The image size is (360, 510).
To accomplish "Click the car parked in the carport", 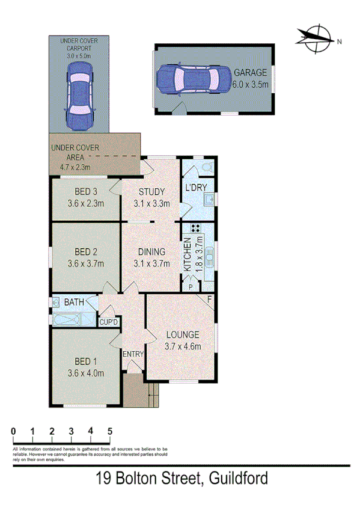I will (x=79, y=95).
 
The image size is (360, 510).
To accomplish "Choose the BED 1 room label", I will (x=87, y=362).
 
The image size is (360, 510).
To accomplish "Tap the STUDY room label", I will (x=151, y=192).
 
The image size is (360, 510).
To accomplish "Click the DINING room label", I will (x=150, y=253).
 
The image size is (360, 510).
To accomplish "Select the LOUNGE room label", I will (x=182, y=335).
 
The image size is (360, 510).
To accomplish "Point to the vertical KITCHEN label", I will (x=187, y=253).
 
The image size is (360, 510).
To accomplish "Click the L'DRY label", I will (x=196, y=188).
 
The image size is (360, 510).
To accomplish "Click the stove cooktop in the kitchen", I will (x=195, y=229).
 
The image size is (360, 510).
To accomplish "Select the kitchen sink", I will (x=210, y=260).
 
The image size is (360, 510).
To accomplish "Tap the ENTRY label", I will (x=133, y=354).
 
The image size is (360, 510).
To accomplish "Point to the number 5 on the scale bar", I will (x=110, y=431).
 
